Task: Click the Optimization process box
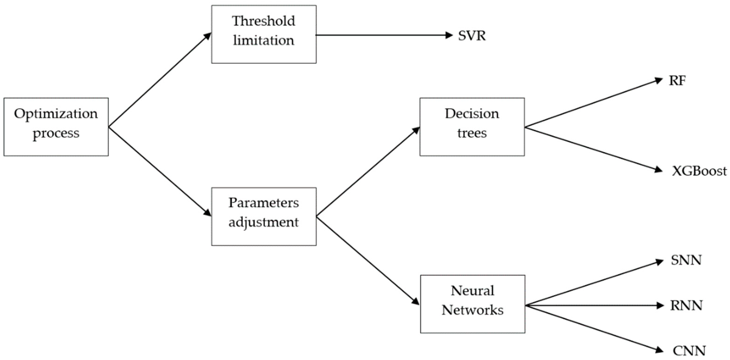(56, 127)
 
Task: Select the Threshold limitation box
(264, 34)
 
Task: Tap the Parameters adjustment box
(264, 217)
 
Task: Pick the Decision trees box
(472, 127)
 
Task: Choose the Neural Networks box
(473, 304)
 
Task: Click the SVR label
(472, 36)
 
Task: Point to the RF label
(677, 81)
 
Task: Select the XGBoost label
(699, 171)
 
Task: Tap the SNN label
(686, 260)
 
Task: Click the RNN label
(686, 305)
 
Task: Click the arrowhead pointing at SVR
(449, 35)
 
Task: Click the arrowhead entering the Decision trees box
(416, 130)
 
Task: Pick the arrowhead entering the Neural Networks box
(415, 301)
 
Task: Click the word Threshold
(264, 21)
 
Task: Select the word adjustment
(264, 222)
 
